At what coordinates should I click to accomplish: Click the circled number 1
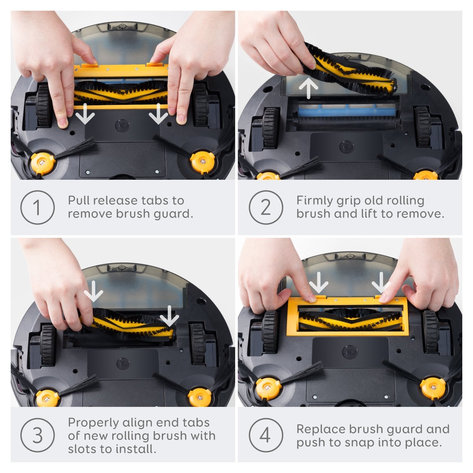[x=38, y=207]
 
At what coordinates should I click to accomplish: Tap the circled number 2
[x=266, y=207]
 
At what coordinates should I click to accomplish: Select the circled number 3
[x=38, y=435]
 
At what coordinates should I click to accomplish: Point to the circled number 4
[x=266, y=435]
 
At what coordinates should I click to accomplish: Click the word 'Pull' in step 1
[x=79, y=200]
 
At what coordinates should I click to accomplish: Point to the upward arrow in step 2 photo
[x=308, y=89]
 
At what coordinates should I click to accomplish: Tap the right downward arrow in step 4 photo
[x=381, y=283]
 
